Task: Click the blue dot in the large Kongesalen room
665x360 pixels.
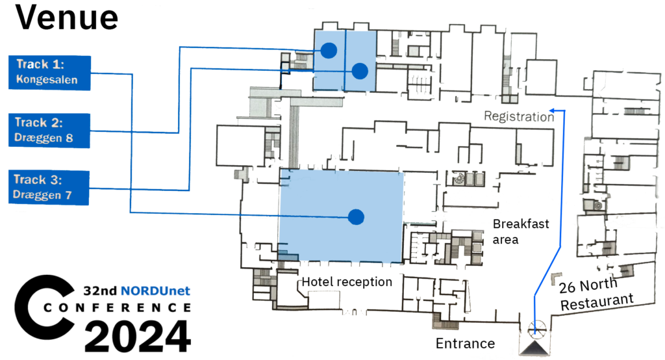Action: coord(355,216)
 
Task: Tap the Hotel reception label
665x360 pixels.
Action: coord(347,282)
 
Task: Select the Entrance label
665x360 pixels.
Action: coord(465,343)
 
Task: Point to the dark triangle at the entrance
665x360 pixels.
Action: coord(536,350)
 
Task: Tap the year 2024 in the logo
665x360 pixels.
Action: coord(138,337)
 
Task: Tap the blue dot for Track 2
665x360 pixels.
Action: coord(329,49)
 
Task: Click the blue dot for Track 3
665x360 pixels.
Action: coord(360,70)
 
